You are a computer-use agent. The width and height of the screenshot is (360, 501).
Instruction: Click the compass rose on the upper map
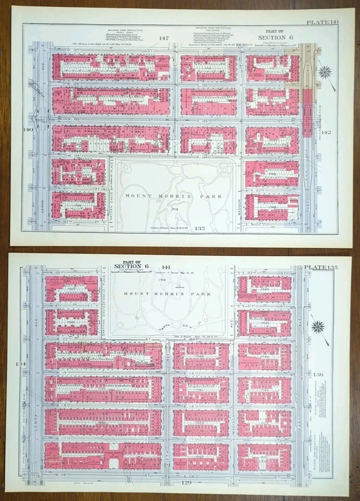click(326, 71)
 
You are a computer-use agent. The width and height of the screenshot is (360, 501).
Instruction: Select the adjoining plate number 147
click(164, 38)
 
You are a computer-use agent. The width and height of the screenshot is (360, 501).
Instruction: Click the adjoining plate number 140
click(28, 129)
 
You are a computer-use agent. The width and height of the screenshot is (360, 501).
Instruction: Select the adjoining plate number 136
click(318, 375)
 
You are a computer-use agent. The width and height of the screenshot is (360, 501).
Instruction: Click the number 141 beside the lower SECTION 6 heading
click(166, 267)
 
